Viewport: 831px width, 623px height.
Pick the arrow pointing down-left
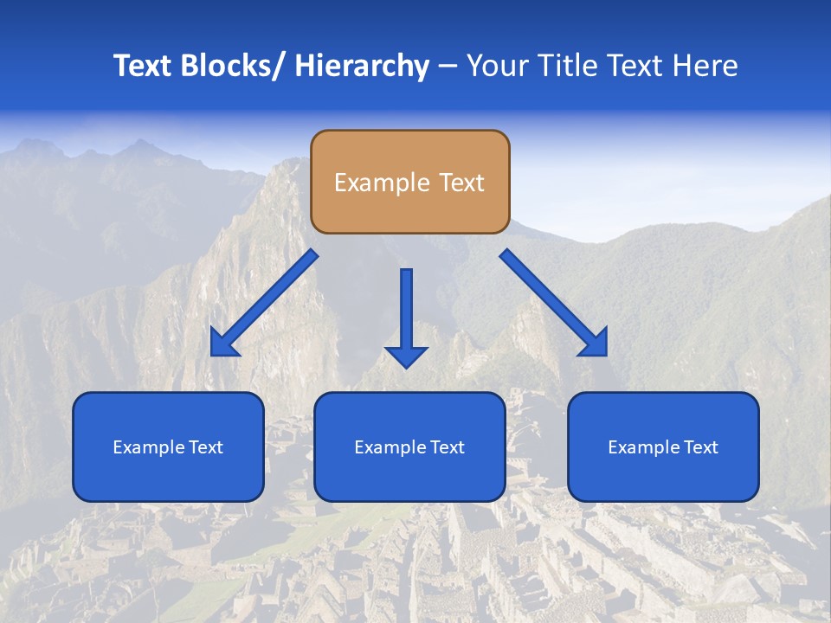(x=264, y=303)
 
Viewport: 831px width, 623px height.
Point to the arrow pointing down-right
(x=554, y=303)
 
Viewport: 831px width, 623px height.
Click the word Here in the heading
(x=705, y=66)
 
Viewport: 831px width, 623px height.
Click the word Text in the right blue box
(x=699, y=447)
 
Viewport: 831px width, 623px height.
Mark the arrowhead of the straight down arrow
(x=406, y=356)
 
